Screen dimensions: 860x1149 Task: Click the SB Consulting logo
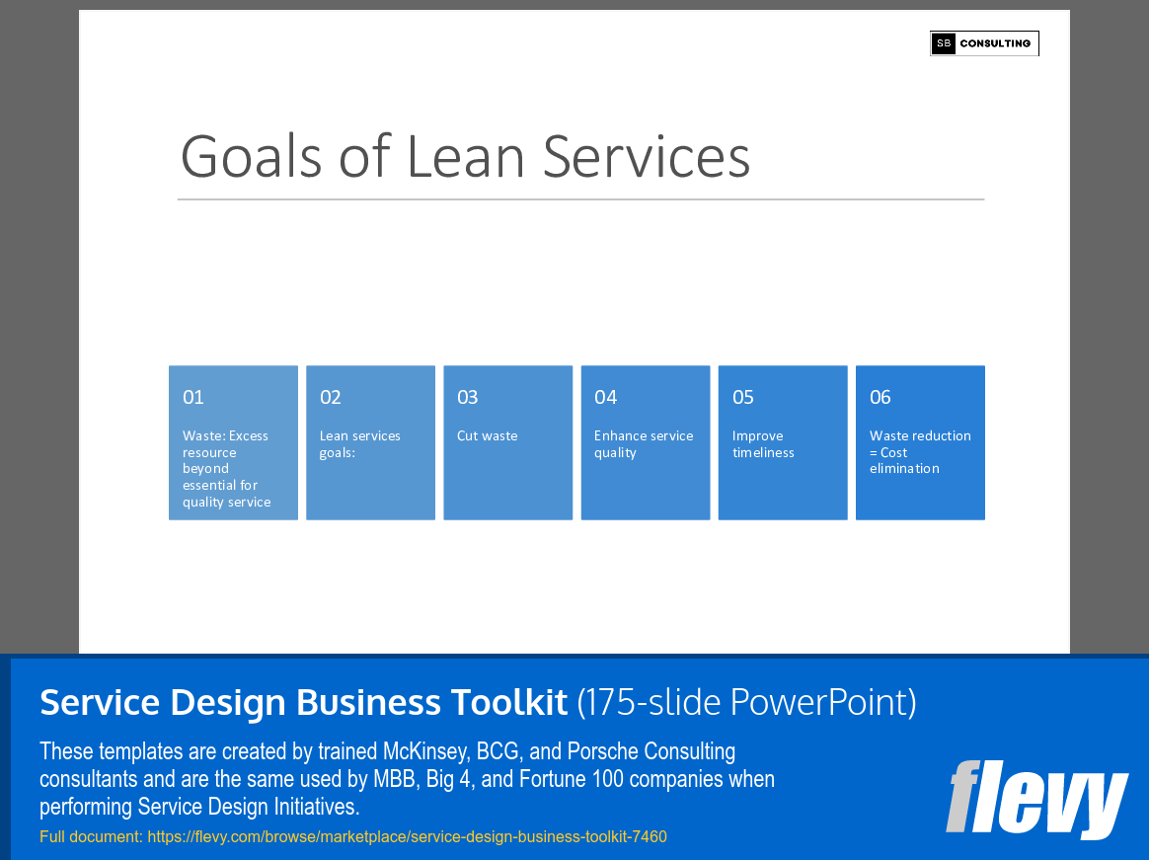(x=984, y=43)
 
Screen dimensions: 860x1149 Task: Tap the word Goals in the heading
(x=252, y=157)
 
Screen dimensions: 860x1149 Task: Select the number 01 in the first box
(x=193, y=397)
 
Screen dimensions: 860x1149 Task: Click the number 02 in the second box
(x=331, y=397)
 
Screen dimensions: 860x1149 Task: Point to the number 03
(x=468, y=397)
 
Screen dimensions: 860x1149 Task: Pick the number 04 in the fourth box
(x=605, y=397)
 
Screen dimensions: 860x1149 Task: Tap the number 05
(x=743, y=397)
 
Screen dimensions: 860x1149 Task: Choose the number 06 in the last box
(x=881, y=397)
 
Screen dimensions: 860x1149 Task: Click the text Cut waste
(x=487, y=435)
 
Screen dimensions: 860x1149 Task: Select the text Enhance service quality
(x=644, y=444)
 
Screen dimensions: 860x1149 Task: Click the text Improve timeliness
(x=763, y=444)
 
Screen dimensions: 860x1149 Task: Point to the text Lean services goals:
(x=360, y=444)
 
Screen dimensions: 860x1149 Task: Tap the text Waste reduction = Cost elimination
(x=920, y=452)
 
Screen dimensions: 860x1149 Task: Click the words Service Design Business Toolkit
(x=303, y=702)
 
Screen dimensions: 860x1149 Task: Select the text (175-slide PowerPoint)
(x=747, y=702)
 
